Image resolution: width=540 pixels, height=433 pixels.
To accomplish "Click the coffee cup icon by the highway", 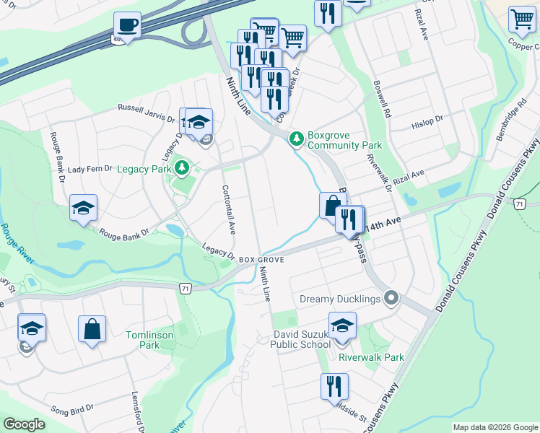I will tap(127, 25).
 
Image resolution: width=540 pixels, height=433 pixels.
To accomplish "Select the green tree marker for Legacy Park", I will tap(183, 168).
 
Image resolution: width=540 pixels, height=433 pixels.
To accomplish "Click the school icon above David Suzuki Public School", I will tap(342, 325).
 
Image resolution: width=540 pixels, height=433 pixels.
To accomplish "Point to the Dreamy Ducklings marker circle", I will tap(391, 297).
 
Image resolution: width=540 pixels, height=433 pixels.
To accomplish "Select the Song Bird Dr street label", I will tap(71, 408).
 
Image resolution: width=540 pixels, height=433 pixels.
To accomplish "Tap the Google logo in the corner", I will tap(25, 424).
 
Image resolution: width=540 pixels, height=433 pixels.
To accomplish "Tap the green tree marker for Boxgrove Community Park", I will tap(295, 138).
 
